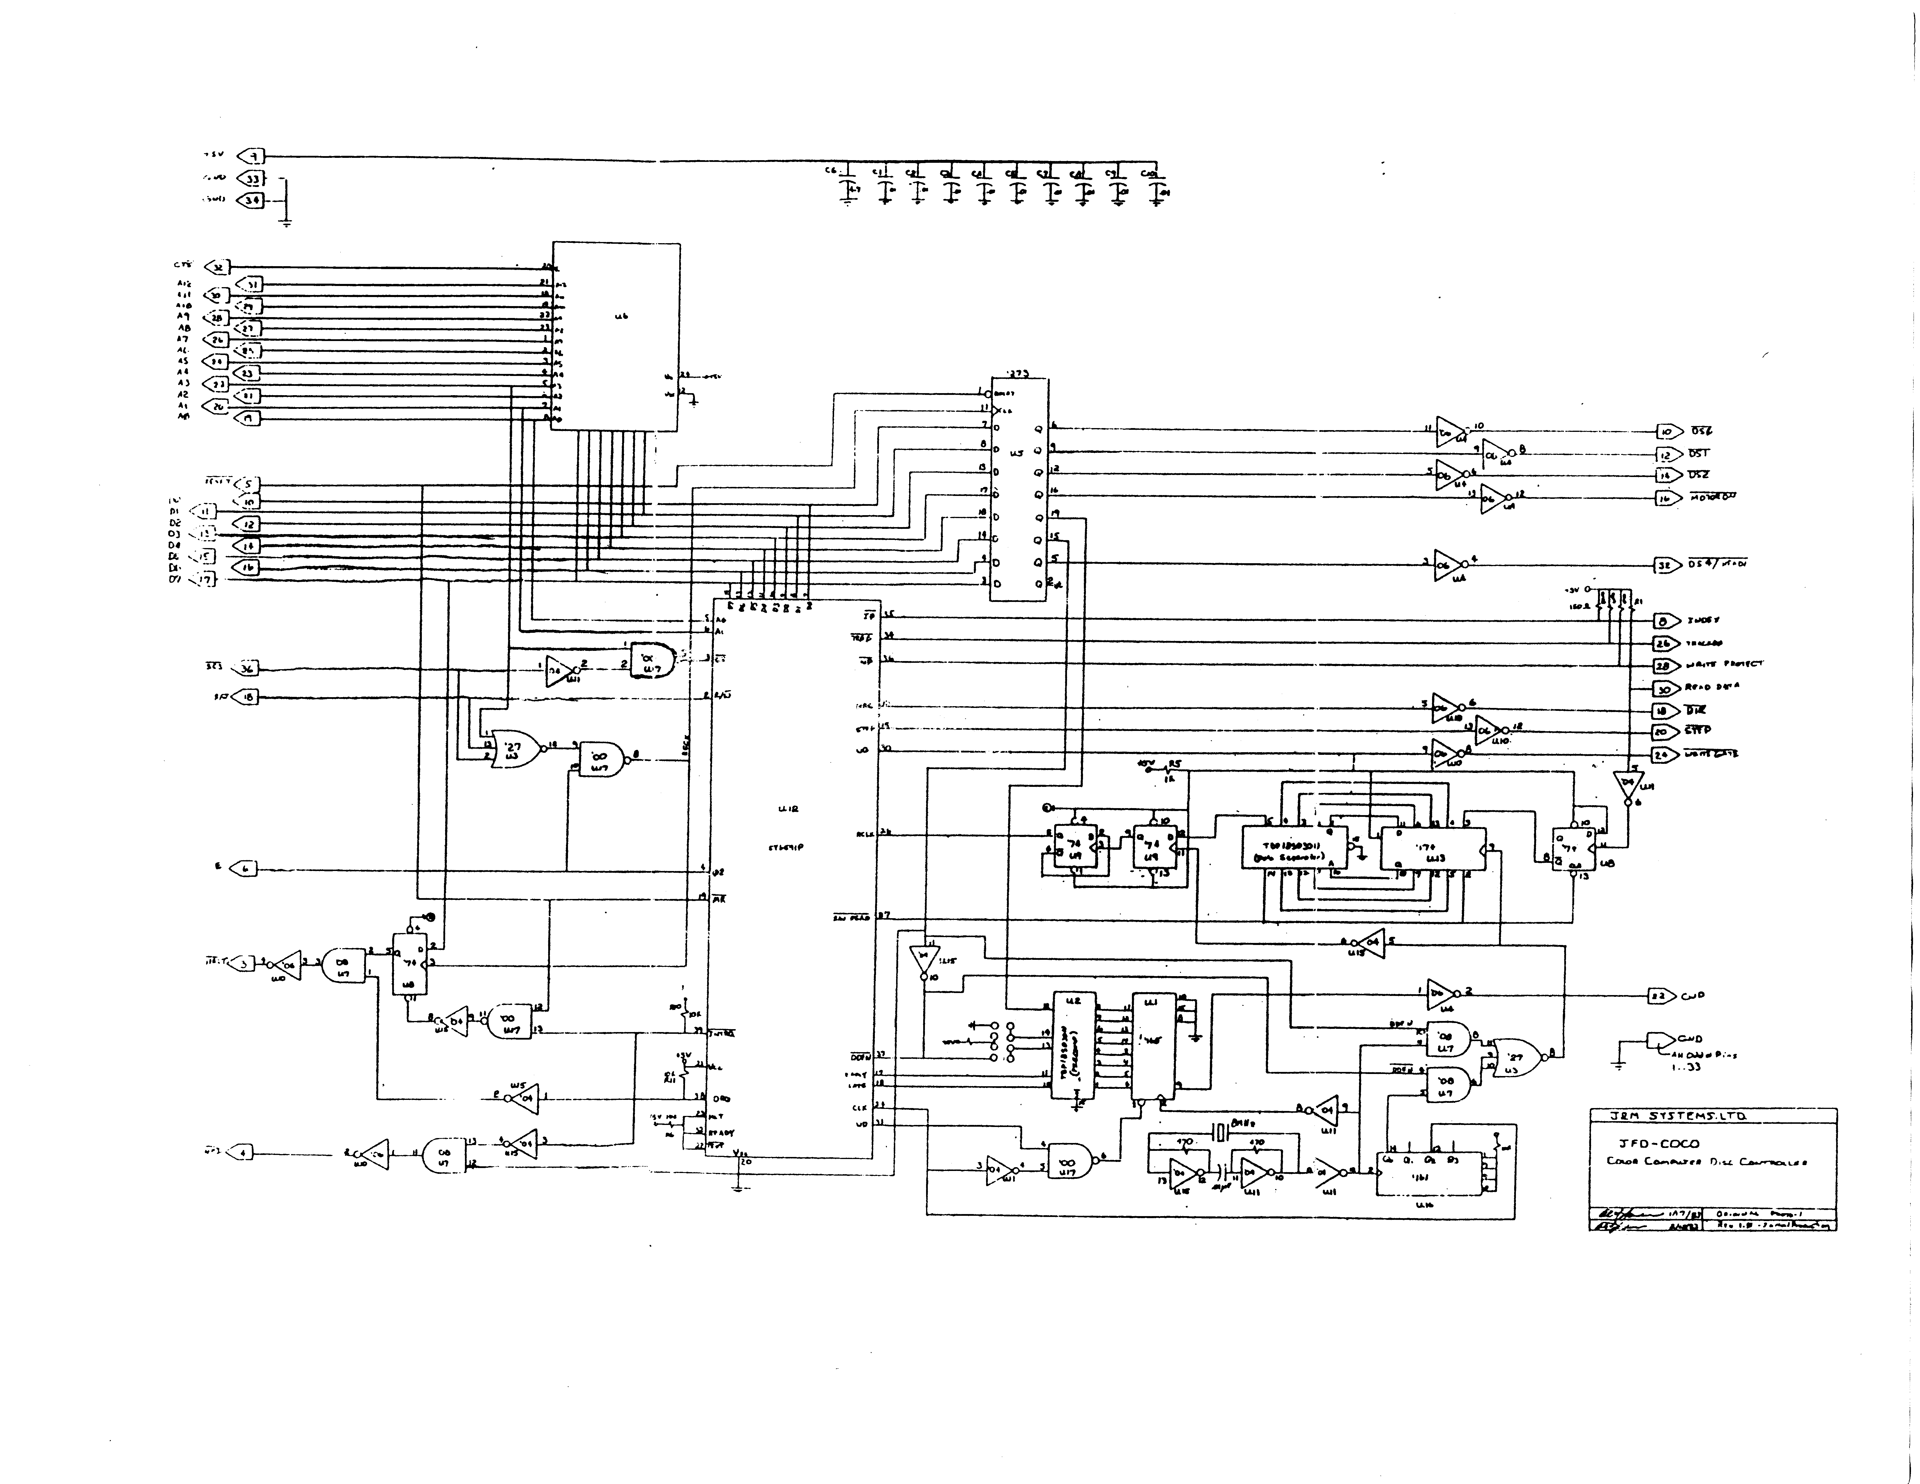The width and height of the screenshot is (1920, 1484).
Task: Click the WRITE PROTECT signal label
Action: click(x=1723, y=665)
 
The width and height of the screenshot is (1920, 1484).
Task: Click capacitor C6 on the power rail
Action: click(x=848, y=187)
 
